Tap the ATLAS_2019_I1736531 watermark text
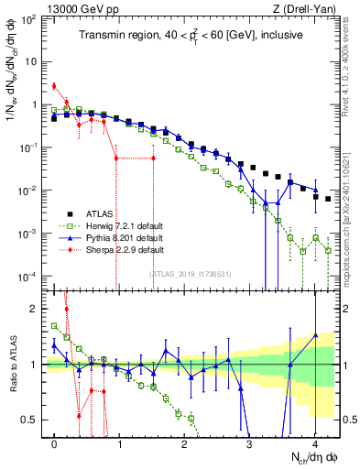click(191, 273)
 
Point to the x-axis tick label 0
click(55, 443)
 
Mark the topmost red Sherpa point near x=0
click(55, 86)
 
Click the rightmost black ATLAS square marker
click(328, 198)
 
